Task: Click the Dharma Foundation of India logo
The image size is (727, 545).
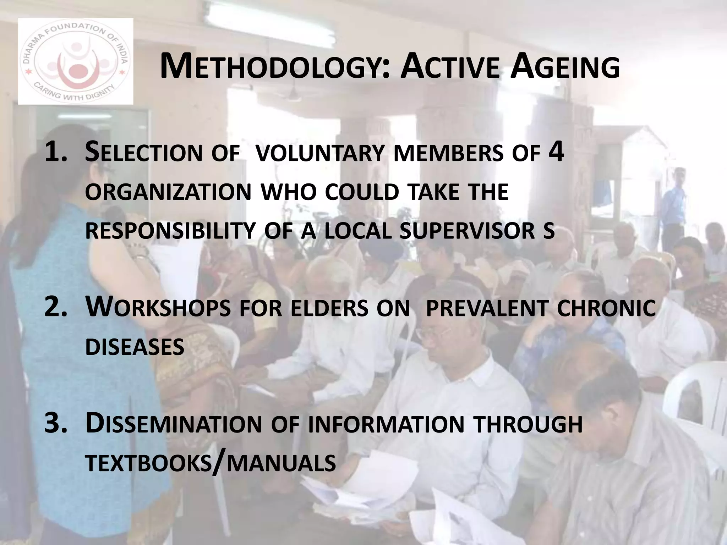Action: (75, 61)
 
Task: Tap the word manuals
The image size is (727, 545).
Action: (281, 463)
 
